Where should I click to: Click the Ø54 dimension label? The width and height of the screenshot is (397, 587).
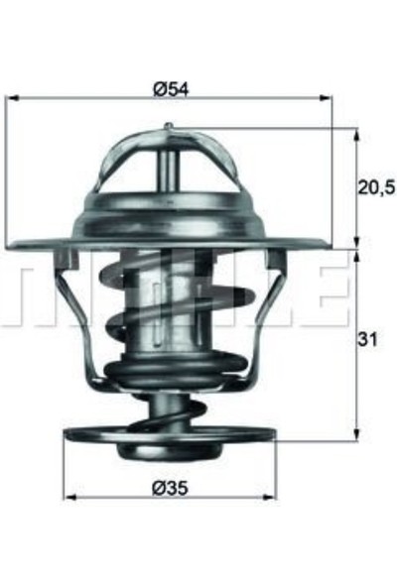pos(170,88)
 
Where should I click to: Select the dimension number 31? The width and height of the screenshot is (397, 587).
pos(369,340)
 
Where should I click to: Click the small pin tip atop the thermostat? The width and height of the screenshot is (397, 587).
pos(169,125)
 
